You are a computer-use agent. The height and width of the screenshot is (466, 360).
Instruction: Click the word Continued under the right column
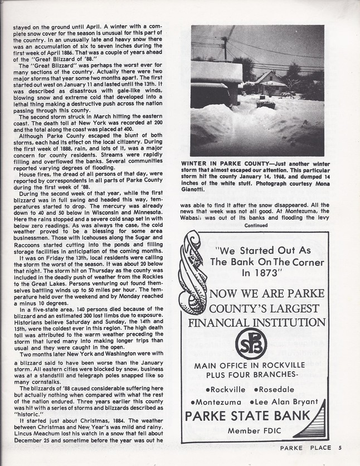pyautogui.click(x=256, y=226)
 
